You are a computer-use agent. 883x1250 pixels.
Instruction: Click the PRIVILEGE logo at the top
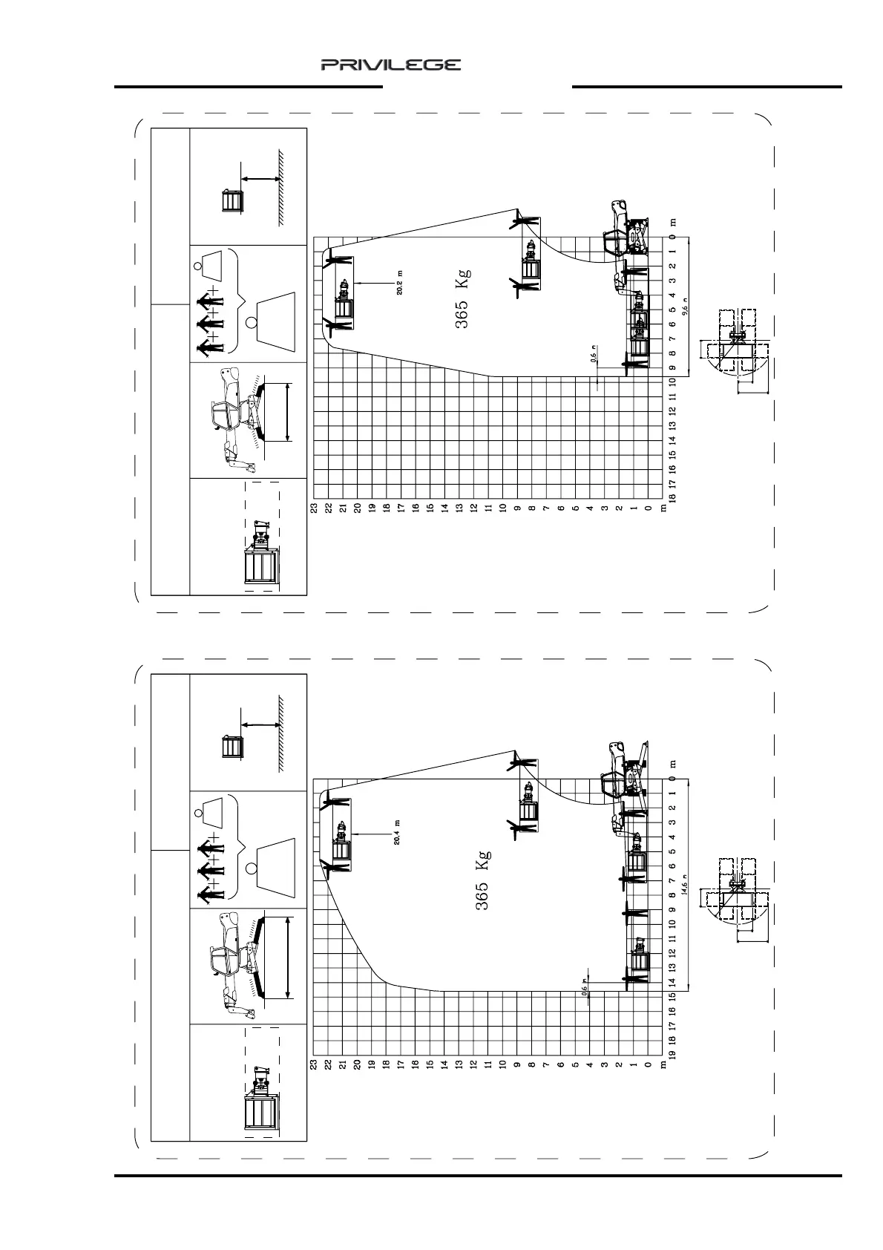(x=390, y=65)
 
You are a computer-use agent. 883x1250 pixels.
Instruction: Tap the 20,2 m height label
(x=400, y=283)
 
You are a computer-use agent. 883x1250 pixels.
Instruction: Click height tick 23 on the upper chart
(x=314, y=508)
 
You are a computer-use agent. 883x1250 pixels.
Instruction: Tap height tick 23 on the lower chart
(x=314, y=1064)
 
